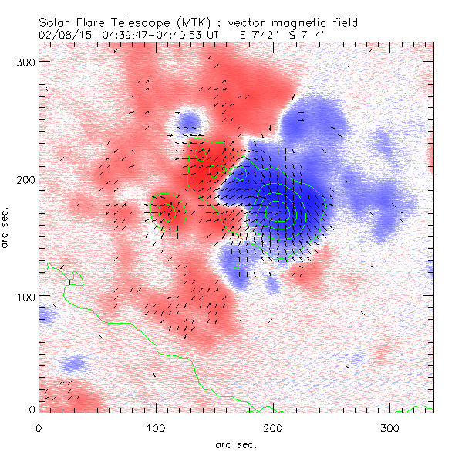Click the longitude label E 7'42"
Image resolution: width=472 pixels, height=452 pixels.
click(x=269, y=36)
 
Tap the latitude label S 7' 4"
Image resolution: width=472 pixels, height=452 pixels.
click(x=327, y=36)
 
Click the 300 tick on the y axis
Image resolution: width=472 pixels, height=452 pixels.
click(x=25, y=61)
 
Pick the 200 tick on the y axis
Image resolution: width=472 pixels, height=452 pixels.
click(x=25, y=178)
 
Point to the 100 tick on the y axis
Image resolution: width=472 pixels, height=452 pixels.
click(x=25, y=296)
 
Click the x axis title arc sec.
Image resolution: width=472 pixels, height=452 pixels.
click(x=236, y=444)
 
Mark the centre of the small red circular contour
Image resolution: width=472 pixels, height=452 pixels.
click(x=167, y=209)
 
